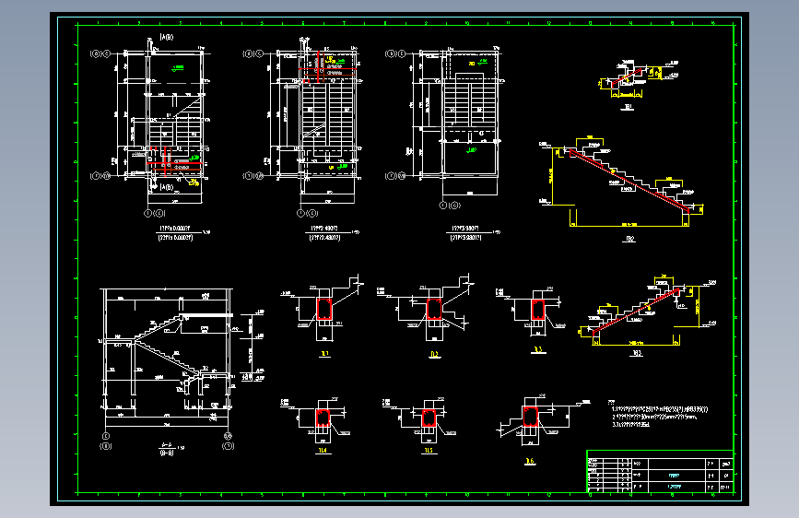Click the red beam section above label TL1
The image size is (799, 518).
(324, 308)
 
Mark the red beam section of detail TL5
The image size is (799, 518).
(429, 418)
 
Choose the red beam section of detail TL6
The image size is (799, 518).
(530, 418)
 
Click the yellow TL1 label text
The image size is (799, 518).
(324, 353)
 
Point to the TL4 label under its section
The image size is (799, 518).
(323, 452)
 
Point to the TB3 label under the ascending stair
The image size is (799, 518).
(638, 351)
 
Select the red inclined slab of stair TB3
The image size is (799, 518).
(636, 309)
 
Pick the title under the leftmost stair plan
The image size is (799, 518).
(175, 231)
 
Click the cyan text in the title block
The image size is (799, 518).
(674, 485)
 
